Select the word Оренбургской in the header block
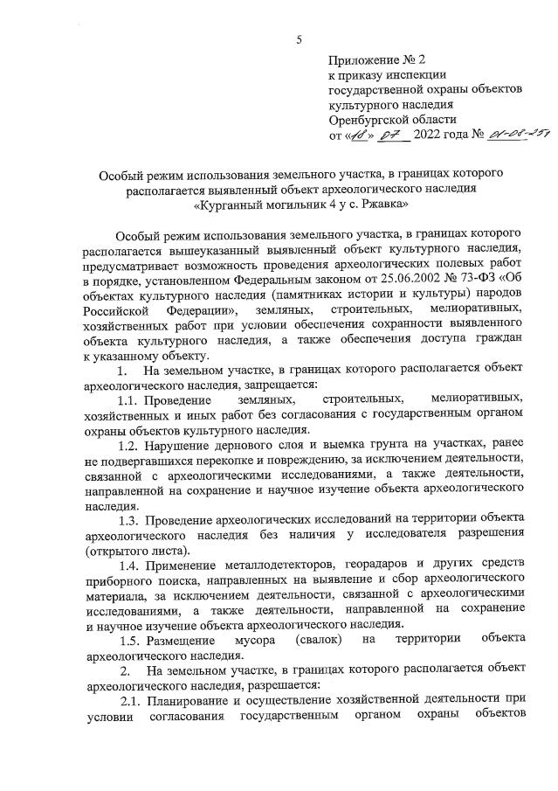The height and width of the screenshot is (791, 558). click(x=368, y=120)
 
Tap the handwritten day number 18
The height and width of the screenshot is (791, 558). click(x=356, y=135)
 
